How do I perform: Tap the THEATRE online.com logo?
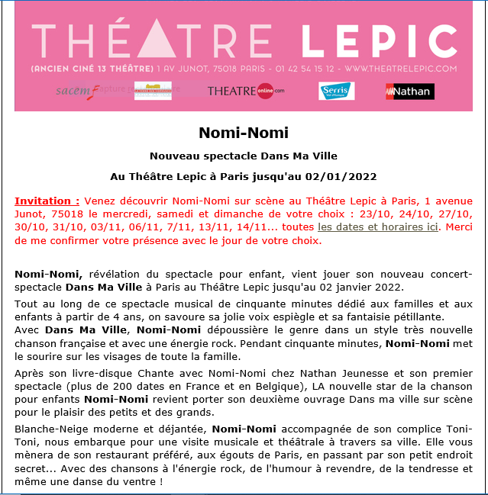pos(245,91)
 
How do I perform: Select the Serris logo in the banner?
pos(336,91)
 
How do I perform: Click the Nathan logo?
pos(409,92)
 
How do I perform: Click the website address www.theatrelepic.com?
pos(399,69)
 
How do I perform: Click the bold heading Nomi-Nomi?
pos(244,133)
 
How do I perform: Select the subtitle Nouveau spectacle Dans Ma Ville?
pos(244,156)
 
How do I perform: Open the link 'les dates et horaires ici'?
pos(378,227)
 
